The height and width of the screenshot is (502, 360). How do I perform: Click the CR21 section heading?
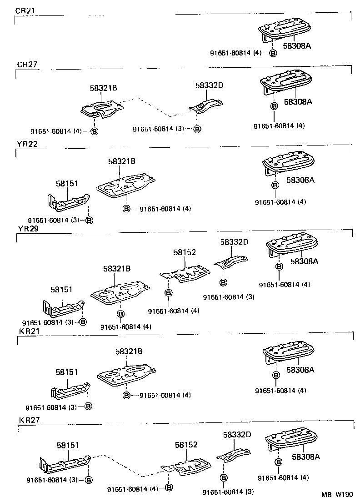[25, 10]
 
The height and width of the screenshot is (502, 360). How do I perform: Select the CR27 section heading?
[27, 65]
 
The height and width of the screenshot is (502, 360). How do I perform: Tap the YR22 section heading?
[27, 144]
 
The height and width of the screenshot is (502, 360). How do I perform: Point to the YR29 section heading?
[28, 228]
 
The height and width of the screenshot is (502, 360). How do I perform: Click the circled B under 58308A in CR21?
[273, 53]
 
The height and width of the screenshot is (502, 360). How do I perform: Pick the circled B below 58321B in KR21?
[126, 395]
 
